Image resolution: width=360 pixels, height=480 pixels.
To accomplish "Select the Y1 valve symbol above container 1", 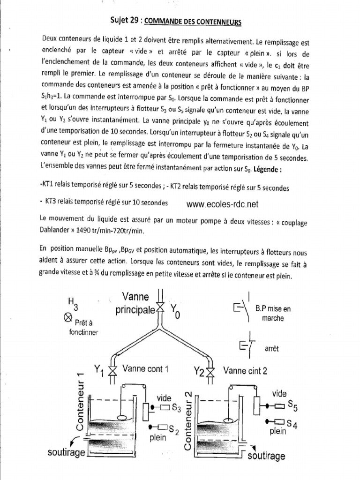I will (112, 370).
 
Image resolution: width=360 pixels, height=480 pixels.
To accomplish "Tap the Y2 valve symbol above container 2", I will (210, 372).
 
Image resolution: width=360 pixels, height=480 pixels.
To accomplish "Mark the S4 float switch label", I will (292, 424).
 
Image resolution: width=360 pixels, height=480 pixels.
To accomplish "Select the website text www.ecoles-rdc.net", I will (222, 204).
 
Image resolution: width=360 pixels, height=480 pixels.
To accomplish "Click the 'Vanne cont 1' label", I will (145, 369).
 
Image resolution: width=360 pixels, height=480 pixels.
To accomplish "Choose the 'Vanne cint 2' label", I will (245, 371).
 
